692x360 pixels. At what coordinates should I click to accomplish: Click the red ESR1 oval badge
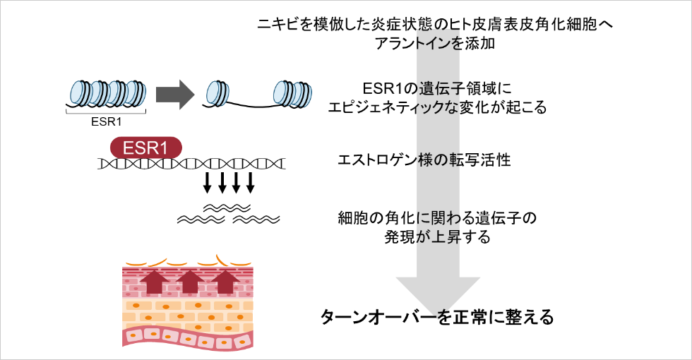145,148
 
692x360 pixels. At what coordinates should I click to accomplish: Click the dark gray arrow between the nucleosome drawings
174,94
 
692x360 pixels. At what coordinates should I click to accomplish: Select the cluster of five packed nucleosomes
107,92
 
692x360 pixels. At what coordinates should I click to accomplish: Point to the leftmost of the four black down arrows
207,183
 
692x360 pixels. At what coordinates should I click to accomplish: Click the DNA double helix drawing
191,164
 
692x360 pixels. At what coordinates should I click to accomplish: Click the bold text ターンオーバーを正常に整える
437,316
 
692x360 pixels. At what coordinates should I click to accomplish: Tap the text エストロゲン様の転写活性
425,160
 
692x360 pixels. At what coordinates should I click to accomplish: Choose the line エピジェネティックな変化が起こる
438,108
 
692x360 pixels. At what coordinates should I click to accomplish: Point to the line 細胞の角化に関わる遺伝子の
437,218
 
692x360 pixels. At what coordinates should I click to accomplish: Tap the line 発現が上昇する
437,236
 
